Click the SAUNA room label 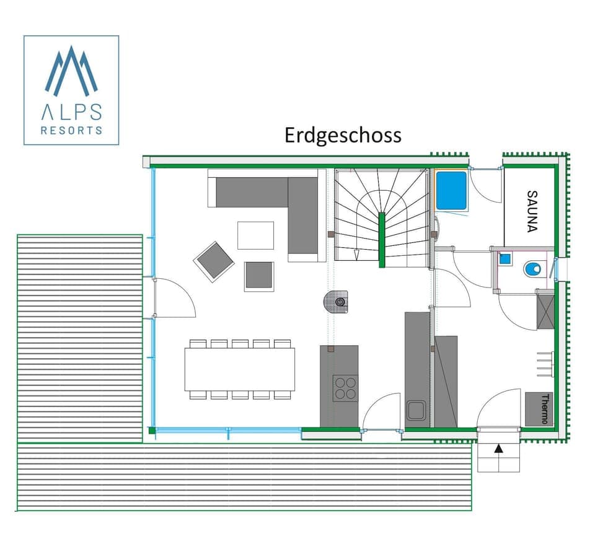tap(531, 210)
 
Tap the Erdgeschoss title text tap(343, 135)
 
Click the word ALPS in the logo tap(71, 112)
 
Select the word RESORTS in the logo tap(71, 131)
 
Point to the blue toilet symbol tap(532, 269)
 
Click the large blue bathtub tap(451, 190)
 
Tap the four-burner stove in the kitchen tap(345, 388)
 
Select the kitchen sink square tap(415, 410)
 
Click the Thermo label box tap(538, 408)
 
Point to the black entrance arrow tap(498, 449)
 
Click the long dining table tap(239, 369)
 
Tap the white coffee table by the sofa tap(255, 235)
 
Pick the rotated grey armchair tap(214, 261)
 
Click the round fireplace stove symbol tap(339, 301)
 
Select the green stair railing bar tap(382, 239)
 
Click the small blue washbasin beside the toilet tap(505, 259)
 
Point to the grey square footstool tap(258, 275)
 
